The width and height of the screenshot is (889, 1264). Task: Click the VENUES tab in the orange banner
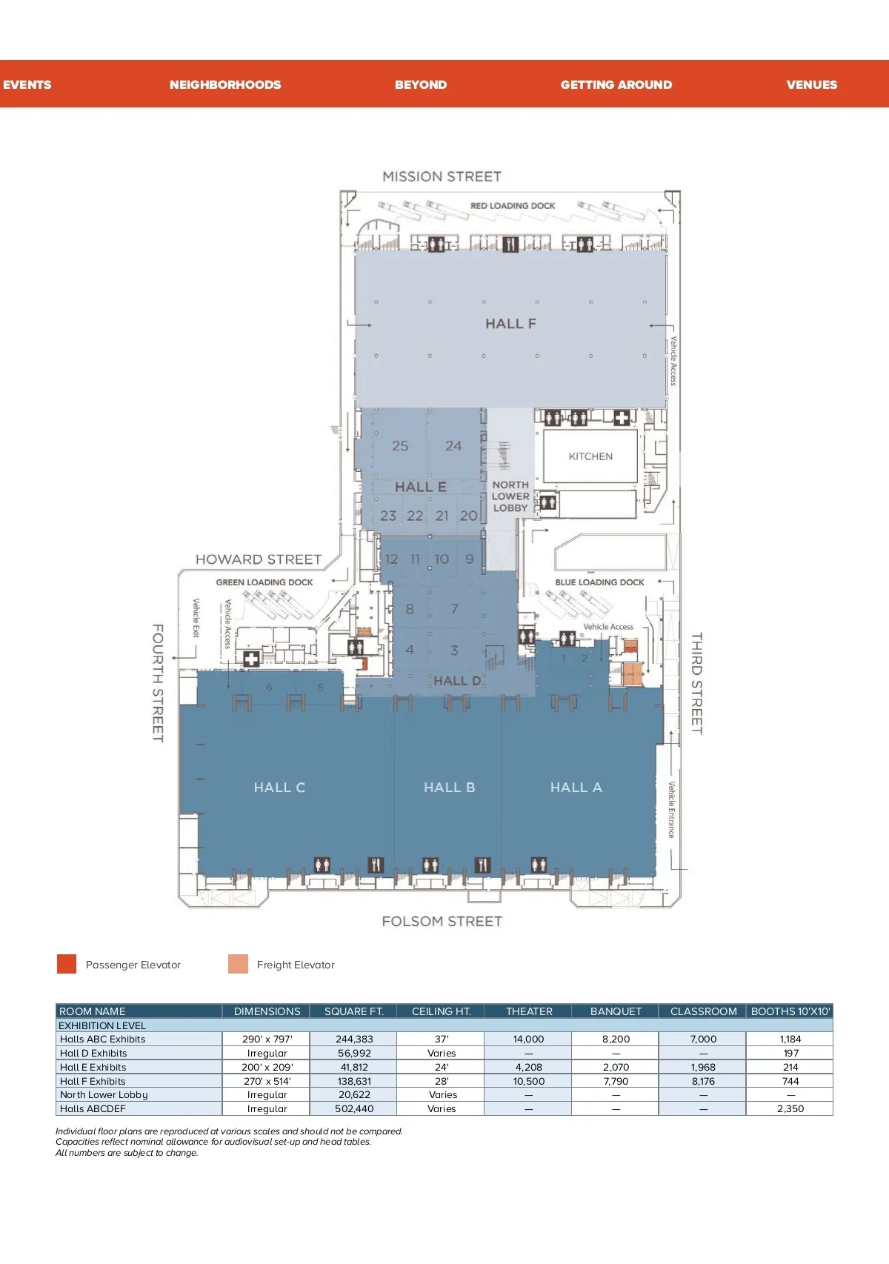pyautogui.click(x=812, y=84)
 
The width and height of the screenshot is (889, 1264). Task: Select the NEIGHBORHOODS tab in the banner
pyautogui.click(x=225, y=84)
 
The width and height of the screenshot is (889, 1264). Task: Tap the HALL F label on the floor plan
pyautogui.click(x=510, y=323)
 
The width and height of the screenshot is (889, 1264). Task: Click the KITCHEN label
pyautogui.click(x=590, y=456)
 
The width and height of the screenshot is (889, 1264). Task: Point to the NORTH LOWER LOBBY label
pyautogui.click(x=510, y=496)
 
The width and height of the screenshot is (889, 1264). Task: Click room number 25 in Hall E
pyautogui.click(x=400, y=446)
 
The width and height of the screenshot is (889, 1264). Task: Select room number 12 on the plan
pyautogui.click(x=391, y=559)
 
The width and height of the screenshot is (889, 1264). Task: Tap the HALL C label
pyautogui.click(x=279, y=787)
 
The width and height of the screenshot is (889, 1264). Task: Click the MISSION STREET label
pyautogui.click(x=442, y=176)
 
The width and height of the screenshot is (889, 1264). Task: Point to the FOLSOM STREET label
pyautogui.click(x=442, y=922)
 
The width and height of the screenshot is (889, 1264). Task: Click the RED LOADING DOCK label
pyautogui.click(x=513, y=206)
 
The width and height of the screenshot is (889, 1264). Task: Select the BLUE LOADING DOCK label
pyautogui.click(x=599, y=582)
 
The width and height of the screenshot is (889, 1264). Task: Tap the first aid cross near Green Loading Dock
pyautogui.click(x=251, y=659)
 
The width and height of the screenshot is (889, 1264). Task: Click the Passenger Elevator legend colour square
pyautogui.click(x=67, y=964)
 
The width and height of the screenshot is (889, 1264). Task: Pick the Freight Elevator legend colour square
pyautogui.click(x=238, y=964)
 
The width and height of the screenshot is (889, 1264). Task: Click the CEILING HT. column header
pyautogui.click(x=441, y=1011)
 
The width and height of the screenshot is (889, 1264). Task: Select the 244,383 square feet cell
pyautogui.click(x=353, y=1039)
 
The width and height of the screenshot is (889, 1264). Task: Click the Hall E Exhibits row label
pyautogui.click(x=93, y=1067)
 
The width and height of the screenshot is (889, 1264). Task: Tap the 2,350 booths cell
pyautogui.click(x=790, y=1108)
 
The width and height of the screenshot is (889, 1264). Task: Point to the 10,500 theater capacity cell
pyautogui.click(x=528, y=1081)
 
